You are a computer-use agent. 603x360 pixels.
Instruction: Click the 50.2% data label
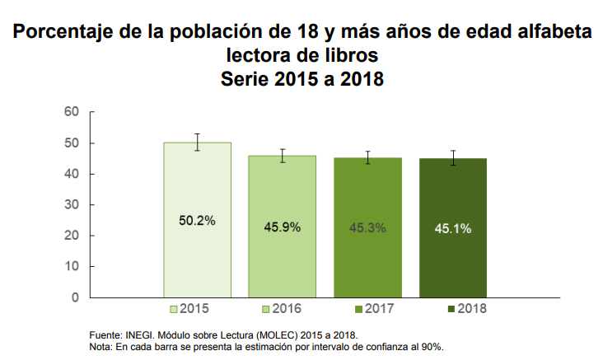coord(197,220)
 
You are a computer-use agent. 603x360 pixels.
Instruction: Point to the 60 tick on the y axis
coord(71,112)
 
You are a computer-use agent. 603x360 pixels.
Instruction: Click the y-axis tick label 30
coord(71,204)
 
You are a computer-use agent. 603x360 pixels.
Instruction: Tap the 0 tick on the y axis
coord(74,297)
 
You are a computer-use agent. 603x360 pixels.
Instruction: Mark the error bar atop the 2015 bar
coord(197,142)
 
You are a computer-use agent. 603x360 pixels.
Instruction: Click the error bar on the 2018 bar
coord(452,158)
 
